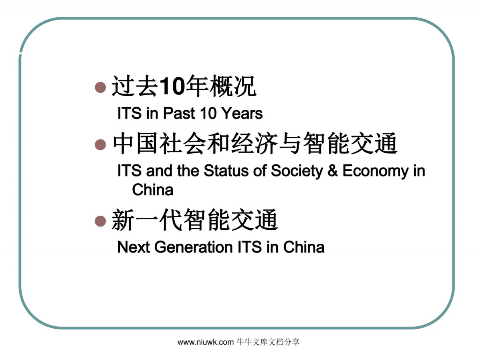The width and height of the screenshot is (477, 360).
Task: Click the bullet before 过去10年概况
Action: pos(100,87)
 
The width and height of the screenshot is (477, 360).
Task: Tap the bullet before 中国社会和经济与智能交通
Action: pos(100,145)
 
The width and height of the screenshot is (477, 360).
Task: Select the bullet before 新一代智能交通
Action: pos(100,221)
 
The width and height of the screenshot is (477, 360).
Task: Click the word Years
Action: pos(242,113)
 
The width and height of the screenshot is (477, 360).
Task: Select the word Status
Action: pos(222,171)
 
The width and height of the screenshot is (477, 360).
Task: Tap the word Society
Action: pos(297,171)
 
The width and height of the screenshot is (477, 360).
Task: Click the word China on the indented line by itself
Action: pos(153,190)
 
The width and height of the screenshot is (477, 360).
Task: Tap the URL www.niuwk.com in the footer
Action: pos(205,342)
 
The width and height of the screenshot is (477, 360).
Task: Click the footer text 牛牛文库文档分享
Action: pos(268,342)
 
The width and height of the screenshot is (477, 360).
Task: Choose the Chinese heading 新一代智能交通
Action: pos(194,221)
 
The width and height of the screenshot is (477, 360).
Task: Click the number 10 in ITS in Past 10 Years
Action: pos(208,113)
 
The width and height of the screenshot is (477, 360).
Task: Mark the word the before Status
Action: pos(188,171)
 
